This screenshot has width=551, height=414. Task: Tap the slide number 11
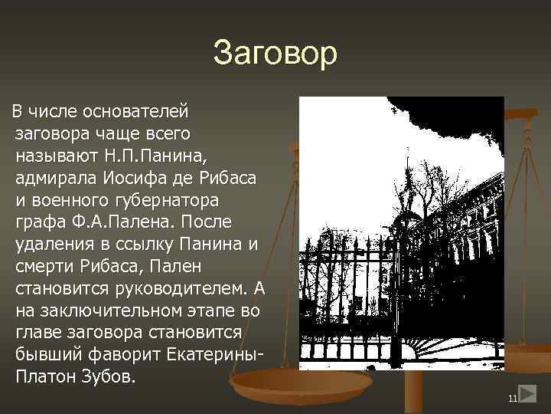click(512, 399)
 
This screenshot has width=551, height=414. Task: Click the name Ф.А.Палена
click(115, 223)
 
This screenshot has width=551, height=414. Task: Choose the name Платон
click(44, 379)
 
